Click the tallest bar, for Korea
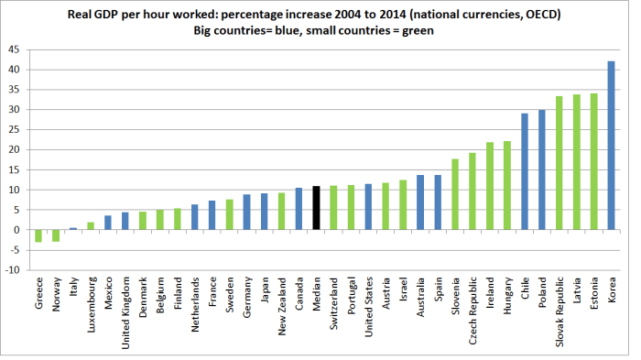pyautogui.click(x=612, y=146)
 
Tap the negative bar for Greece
pyautogui.click(x=38, y=235)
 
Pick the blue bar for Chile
pyautogui.click(x=525, y=171)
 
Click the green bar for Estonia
pyautogui.click(x=594, y=161)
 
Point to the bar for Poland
pyautogui.click(x=542, y=169)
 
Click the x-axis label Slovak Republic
pyautogui.click(x=560, y=306)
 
